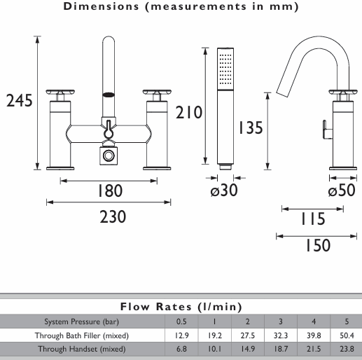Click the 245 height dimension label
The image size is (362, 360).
click(x=20, y=101)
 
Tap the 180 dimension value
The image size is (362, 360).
click(x=110, y=191)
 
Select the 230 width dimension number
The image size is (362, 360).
click(x=113, y=217)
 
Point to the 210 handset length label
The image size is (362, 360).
click(x=188, y=112)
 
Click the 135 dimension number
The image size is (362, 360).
click(x=251, y=127)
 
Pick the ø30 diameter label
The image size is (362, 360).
click(x=224, y=190)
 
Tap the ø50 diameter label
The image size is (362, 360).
click(x=342, y=190)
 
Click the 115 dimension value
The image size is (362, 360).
click(x=313, y=219)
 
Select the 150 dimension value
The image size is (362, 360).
click(x=318, y=245)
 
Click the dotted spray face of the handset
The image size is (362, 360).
click(x=225, y=69)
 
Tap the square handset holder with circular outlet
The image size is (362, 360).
click(x=109, y=155)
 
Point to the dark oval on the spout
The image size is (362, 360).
click(x=109, y=95)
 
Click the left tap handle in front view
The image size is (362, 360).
click(x=60, y=92)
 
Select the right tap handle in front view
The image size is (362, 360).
click(x=157, y=92)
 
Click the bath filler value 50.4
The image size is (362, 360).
click(x=347, y=335)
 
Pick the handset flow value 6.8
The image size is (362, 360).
click(x=181, y=349)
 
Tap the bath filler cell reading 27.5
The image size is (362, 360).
click(x=248, y=335)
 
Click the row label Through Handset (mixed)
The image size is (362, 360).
click(x=82, y=349)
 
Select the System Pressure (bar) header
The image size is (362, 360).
click(x=81, y=321)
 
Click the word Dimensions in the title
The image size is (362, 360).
click(x=101, y=6)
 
